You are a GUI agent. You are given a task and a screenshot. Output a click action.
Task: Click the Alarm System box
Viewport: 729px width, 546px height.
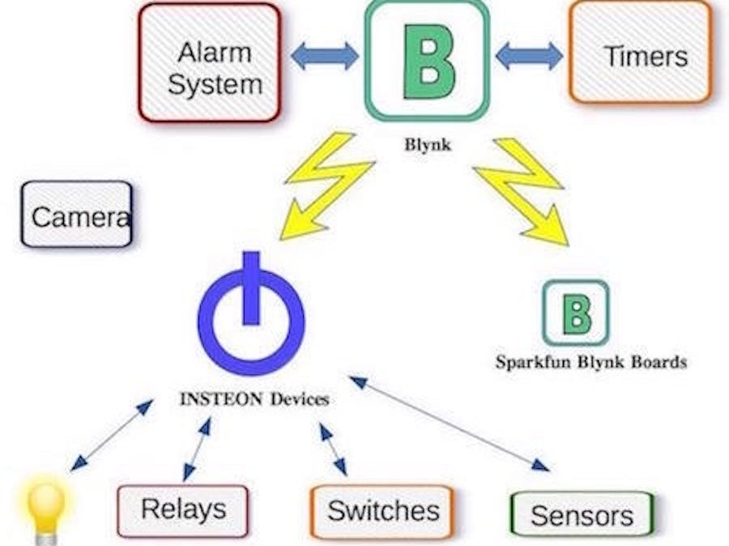click(x=210, y=64)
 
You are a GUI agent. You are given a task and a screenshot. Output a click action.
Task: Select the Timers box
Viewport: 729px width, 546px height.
click(x=640, y=54)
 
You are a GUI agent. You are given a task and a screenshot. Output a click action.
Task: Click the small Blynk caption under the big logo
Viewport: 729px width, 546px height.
click(x=426, y=147)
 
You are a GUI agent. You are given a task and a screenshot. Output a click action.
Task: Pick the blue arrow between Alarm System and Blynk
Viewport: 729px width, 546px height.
click(x=324, y=56)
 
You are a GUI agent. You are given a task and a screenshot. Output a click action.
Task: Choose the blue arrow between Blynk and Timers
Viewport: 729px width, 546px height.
click(x=529, y=56)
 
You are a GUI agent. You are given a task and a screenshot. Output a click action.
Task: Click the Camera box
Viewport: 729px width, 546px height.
click(x=77, y=215)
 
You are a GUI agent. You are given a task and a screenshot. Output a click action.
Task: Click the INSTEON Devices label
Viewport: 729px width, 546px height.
click(x=254, y=399)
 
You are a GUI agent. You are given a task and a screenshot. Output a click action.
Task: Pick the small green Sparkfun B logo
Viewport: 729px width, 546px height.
click(x=575, y=313)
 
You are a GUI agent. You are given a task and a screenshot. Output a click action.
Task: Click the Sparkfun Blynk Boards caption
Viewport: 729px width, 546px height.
click(x=590, y=362)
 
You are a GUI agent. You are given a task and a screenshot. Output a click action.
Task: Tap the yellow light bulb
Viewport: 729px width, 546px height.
click(x=45, y=507)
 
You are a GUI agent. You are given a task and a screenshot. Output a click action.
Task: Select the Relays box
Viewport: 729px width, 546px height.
click(x=182, y=510)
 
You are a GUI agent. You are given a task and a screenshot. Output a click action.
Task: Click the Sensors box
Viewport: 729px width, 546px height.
click(x=582, y=514)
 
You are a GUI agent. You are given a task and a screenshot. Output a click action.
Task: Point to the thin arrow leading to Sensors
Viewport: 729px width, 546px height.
click(x=449, y=423)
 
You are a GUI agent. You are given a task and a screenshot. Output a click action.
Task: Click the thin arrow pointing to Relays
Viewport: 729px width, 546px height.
click(x=197, y=449)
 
